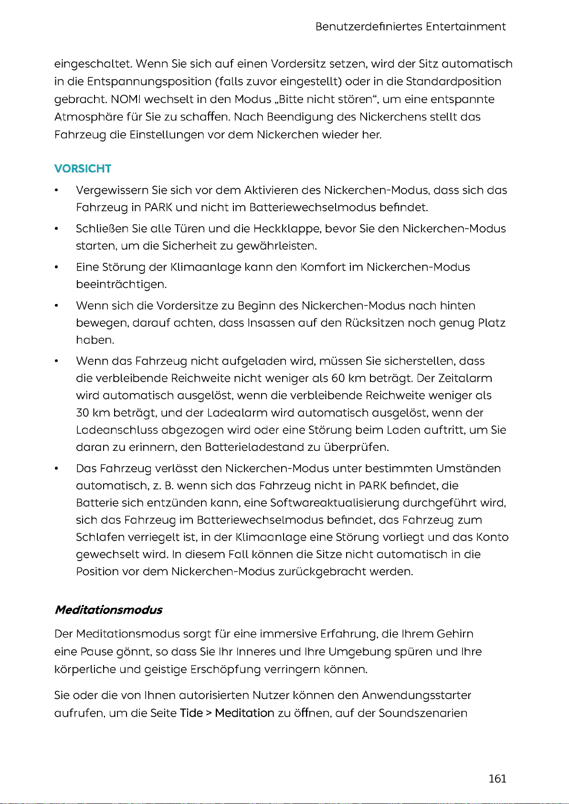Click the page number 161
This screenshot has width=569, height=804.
[x=497, y=779]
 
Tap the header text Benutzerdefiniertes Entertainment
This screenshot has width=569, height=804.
[x=411, y=27]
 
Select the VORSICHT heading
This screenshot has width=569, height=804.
[x=83, y=168]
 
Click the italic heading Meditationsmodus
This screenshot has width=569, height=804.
[x=108, y=610]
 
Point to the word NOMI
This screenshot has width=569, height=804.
[x=126, y=99]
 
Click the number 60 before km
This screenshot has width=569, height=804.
[x=338, y=378]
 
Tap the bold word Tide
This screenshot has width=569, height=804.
[x=191, y=713]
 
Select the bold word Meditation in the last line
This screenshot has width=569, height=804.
[x=244, y=713]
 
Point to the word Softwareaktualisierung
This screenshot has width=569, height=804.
[x=334, y=503]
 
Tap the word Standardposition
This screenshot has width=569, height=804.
[x=453, y=82]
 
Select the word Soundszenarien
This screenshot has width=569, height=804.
[x=423, y=713]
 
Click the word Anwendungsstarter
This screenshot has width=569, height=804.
[x=416, y=695]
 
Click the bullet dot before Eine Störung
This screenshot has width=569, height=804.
[x=57, y=267]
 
